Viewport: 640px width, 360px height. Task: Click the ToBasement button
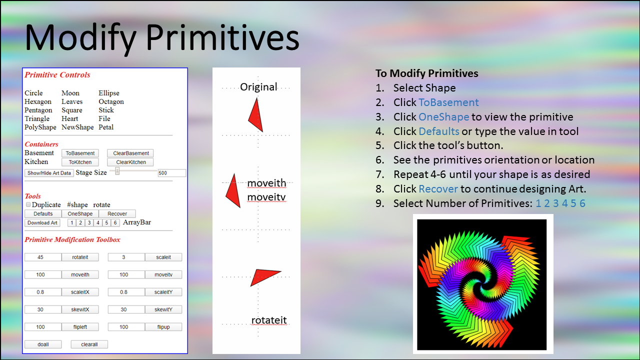coord(80,153)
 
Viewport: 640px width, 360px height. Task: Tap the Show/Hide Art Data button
coord(49,173)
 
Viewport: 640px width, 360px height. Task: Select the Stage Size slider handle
coord(117,171)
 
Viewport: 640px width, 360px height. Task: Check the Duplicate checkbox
coord(28,204)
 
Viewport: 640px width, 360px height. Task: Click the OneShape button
coord(80,213)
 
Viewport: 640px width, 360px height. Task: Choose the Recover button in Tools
coord(117,213)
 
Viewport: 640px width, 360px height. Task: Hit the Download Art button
coord(42,223)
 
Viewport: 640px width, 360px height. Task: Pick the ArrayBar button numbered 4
coord(97,223)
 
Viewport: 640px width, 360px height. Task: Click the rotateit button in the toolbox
coord(80,257)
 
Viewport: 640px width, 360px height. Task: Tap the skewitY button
coord(163,309)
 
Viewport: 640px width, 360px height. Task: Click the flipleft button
coord(80,327)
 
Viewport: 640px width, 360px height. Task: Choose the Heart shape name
coord(69,118)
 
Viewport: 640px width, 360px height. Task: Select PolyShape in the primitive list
coord(40,127)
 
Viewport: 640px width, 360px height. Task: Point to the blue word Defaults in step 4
coord(439,131)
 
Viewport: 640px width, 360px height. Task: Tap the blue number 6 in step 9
coord(582,203)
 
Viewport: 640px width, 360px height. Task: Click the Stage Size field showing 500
coord(171,173)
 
